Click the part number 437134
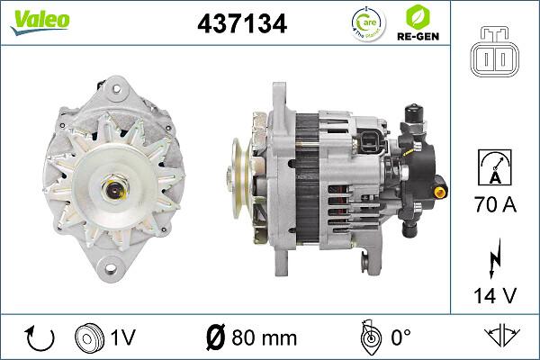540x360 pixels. coord(242,24)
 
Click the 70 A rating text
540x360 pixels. coord(494,206)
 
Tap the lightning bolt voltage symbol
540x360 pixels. coord(494,257)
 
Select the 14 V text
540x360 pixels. coord(494,294)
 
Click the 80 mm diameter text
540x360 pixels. coord(251,337)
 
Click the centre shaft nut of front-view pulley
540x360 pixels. coord(117,189)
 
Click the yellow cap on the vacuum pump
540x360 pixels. coord(439,192)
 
